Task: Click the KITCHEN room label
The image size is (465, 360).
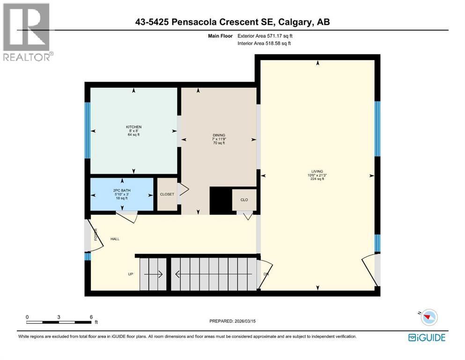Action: [x=133, y=127]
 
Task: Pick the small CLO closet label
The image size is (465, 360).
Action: [x=244, y=200]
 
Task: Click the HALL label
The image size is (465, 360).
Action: [x=115, y=239]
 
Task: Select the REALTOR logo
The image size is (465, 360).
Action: [x=27, y=32]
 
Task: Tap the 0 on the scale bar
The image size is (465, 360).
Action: [x=27, y=317]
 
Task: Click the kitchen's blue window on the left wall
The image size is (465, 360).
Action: [x=87, y=130]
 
